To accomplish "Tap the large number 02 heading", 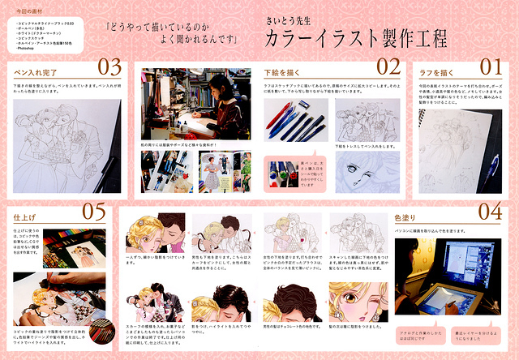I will pyautogui.click(x=388, y=66).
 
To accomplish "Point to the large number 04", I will pyautogui.click(x=491, y=212).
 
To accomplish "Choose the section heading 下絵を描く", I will pyautogui.click(x=280, y=71).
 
